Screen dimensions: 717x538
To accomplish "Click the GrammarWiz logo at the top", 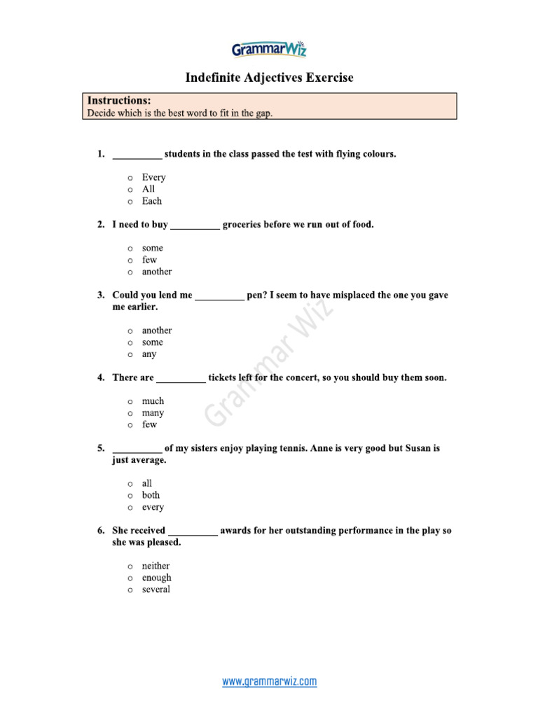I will tap(269, 49).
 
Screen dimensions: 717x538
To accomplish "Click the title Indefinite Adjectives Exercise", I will tap(269, 78).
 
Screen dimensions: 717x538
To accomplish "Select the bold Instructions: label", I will tap(118, 101).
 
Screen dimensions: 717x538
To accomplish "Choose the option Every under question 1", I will tap(153, 177).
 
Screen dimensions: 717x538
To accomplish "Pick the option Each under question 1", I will tap(151, 201).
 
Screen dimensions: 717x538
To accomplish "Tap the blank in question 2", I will tap(195, 225).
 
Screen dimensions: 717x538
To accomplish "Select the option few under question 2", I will tap(149, 260).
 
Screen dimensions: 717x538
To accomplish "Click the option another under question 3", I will tap(156, 330).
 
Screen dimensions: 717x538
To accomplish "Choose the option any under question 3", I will tap(149, 354).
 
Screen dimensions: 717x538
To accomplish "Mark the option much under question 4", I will tap(153, 401).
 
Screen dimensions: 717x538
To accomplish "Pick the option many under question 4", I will tap(153, 413).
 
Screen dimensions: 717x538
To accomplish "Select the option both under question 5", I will tap(151, 495).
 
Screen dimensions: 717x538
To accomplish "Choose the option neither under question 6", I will tap(156, 566).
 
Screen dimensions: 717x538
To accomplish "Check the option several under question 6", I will tap(156, 590).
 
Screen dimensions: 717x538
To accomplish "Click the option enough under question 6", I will tap(156, 578).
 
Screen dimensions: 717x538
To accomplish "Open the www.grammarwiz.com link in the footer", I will tap(269, 681).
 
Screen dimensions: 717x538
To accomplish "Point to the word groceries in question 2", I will tap(242, 225).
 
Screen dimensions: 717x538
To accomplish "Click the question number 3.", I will tap(101, 295).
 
